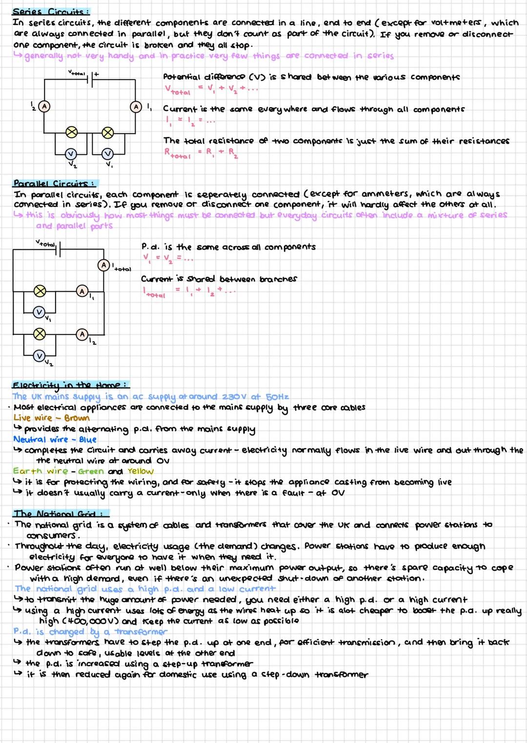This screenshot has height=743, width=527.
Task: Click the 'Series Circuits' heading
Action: point(50,12)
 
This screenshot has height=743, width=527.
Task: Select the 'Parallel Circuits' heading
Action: point(54,184)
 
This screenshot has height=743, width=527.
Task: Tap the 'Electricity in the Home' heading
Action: point(70,385)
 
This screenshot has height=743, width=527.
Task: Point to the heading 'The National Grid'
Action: point(60,514)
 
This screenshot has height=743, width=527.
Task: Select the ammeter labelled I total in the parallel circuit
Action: point(103,265)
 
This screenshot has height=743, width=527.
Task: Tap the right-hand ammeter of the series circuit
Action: point(136,106)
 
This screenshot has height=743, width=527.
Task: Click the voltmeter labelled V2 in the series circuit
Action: point(72,154)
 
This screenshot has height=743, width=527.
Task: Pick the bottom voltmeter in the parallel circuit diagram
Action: point(40,355)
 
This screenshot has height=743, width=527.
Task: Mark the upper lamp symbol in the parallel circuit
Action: point(40,291)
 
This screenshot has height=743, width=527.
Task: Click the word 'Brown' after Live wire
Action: point(77,418)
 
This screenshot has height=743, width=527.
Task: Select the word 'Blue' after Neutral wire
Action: point(88,439)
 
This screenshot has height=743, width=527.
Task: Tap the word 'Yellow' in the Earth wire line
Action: point(140,471)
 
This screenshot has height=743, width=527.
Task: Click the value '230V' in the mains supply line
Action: point(234,397)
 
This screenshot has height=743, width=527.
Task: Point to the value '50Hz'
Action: point(277,397)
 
